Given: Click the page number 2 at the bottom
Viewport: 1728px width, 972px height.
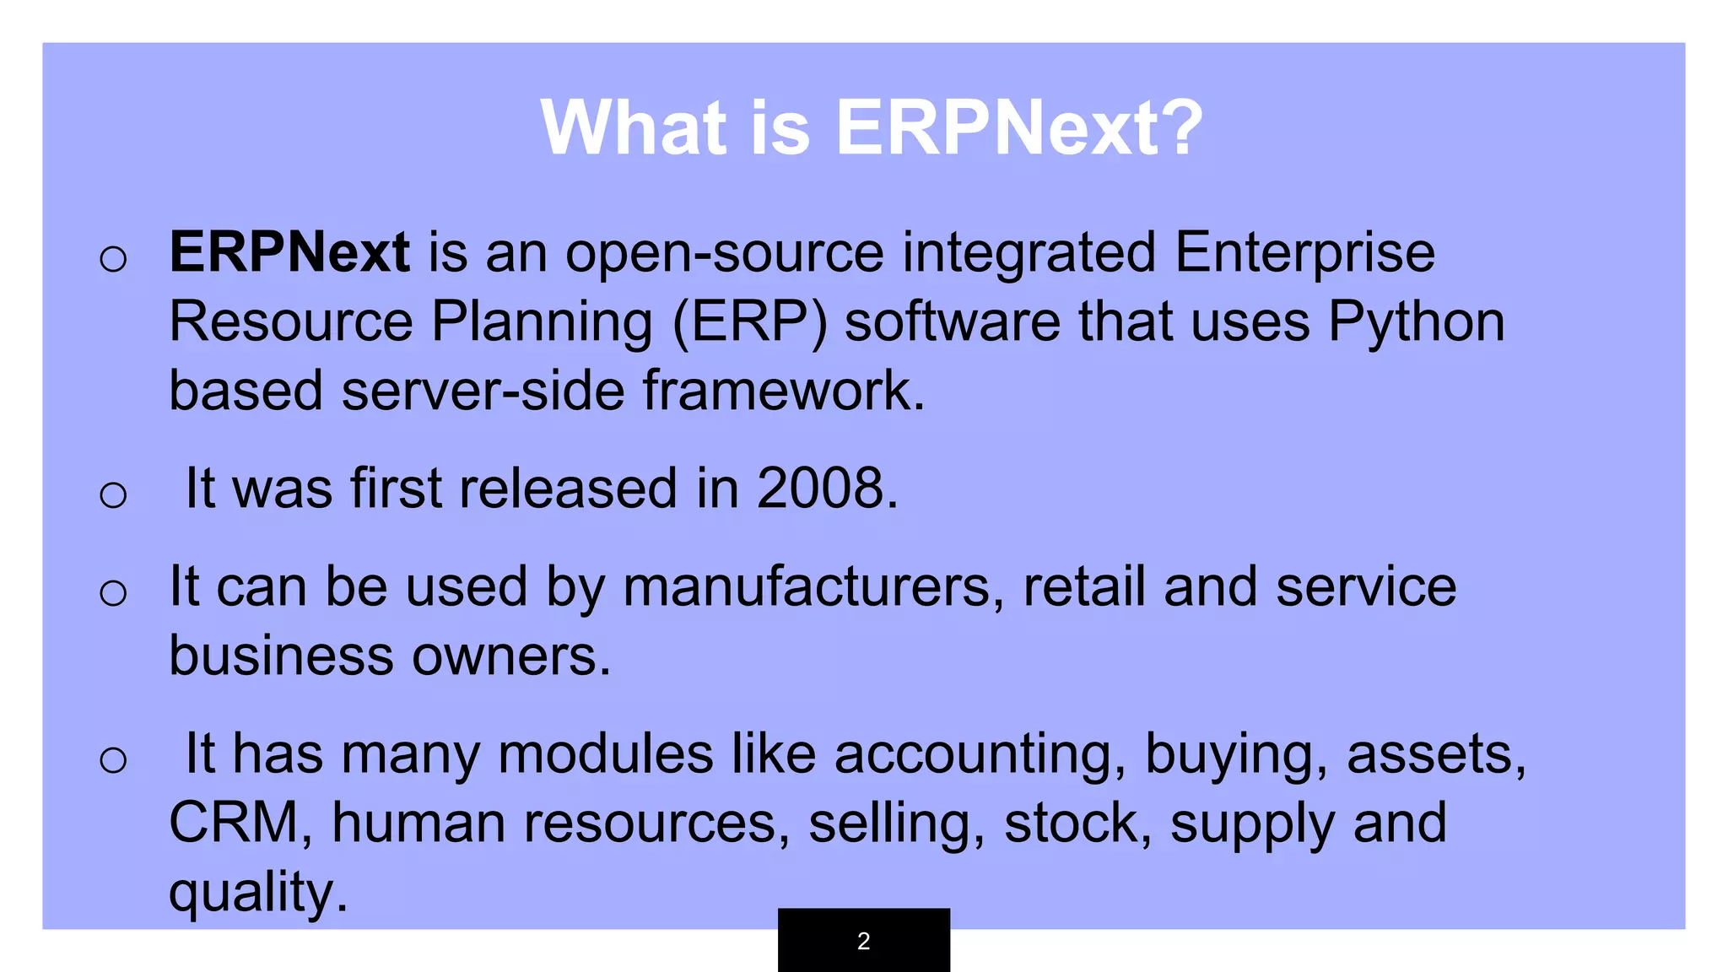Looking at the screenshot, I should click(x=863, y=941).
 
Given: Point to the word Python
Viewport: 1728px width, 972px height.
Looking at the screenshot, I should click(x=1417, y=322).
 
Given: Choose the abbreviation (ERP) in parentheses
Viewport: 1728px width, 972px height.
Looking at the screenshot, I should click(x=749, y=322).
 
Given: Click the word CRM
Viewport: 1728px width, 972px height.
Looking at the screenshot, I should click(x=234, y=823).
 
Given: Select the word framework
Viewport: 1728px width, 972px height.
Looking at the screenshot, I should click(x=782, y=391).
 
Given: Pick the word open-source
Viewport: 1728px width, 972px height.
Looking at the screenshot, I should click(x=724, y=253).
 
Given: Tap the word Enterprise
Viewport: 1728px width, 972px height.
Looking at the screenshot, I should click(x=1304, y=253).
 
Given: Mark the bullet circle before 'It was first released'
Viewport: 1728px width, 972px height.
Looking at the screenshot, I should click(x=113, y=494).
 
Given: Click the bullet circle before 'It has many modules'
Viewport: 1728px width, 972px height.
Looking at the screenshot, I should click(x=113, y=759).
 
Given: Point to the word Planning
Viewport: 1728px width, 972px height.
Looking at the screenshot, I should click(x=542, y=322).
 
